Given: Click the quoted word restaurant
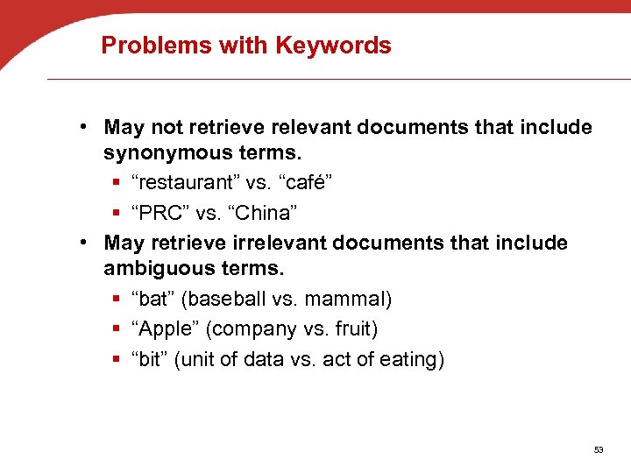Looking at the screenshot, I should [197, 184].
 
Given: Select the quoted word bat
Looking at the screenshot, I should [154, 300].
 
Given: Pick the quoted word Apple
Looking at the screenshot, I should [164, 329].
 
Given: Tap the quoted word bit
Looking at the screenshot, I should [152, 359].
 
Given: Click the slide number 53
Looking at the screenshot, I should [599, 450].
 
